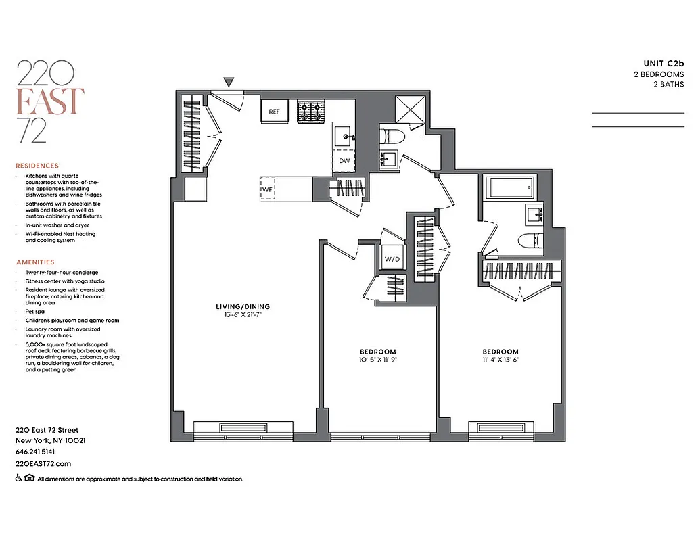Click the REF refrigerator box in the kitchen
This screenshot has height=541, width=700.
click(x=275, y=112)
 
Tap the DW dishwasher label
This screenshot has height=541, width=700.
click(x=344, y=160)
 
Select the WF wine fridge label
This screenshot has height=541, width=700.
click(x=268, y=189)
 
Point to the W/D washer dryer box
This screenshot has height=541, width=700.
click(x=391, y=259)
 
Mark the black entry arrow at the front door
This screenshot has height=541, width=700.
click(x=229, y=83)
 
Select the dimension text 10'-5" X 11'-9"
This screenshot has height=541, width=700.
click(x=377, y=360)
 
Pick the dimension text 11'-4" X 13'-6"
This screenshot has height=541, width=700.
click(x=500, y=360)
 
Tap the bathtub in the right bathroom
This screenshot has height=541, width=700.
click(x=508, y=186)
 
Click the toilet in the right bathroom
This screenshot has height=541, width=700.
click(x=528, y=241)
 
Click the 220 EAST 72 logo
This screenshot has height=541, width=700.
click(x=50, y=101)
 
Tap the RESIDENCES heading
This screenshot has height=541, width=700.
click(x=37, y=166)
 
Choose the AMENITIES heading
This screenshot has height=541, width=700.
click(x=34, y=262)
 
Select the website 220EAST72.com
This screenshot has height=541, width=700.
click(x=43, y=463)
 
